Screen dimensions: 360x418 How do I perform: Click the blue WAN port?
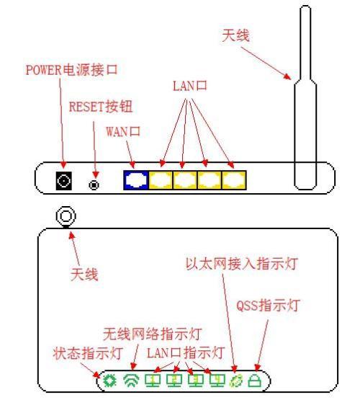[136, 180]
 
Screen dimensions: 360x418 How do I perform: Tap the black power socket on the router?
[63, 181]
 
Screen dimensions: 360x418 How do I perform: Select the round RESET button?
[94, 184]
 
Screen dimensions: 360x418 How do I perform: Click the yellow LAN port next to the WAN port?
[161, 180]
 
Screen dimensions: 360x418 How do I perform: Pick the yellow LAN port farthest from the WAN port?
[234, 180]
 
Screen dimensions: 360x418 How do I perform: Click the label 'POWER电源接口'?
[71, 70]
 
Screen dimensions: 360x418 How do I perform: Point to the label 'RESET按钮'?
[101, 107]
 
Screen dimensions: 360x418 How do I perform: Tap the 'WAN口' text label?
[123, 131]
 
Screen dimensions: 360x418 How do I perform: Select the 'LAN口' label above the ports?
[190, 86]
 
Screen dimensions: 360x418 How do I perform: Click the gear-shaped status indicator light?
[109, 381]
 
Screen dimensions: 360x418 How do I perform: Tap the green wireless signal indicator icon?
[132, 381]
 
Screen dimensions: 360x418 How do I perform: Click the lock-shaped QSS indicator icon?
[255, 381]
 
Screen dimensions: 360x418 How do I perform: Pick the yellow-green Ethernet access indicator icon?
[236, 381]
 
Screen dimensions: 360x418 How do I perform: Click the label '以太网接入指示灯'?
[241, 264]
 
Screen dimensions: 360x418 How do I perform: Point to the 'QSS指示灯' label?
[268, 306]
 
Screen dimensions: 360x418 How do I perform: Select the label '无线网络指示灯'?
[153, 334]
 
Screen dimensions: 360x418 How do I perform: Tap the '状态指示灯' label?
[88, 353]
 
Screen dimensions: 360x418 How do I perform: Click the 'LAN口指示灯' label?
[186, 352]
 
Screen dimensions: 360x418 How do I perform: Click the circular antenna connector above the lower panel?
[66, 216]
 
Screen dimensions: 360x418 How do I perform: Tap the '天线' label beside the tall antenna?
[236, 35]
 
